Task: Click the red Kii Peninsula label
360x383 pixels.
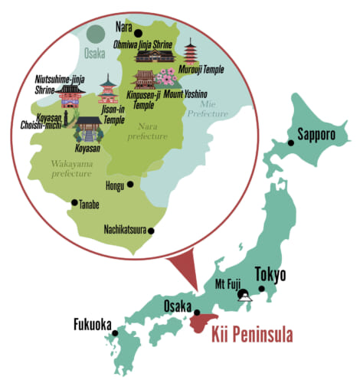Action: point(254,335)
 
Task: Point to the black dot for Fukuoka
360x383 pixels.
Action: point(115,332)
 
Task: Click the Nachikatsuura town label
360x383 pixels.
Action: point(126,229)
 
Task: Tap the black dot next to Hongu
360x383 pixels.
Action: point(130,184)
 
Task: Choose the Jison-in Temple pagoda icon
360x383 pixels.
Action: point(107,89)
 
